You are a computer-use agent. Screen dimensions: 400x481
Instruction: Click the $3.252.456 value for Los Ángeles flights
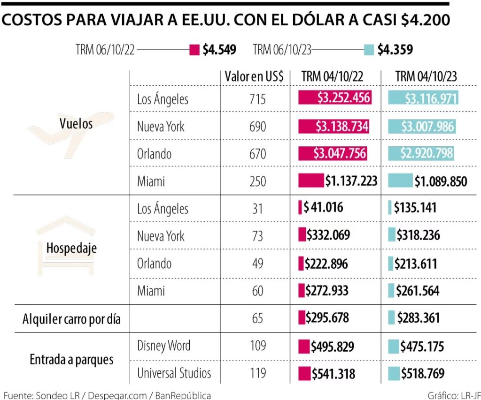(x=343, y=98)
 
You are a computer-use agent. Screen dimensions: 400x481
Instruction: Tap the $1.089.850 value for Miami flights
(x=441, y=181)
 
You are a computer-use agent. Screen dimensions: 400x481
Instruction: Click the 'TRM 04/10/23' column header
(x=426, y=76)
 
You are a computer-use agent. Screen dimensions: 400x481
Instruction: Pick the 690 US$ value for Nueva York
(x=257, y=127)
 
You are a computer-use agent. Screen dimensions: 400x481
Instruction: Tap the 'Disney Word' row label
(x=164, y=346)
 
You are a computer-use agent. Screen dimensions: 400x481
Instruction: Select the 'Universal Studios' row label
(x=174, y=373)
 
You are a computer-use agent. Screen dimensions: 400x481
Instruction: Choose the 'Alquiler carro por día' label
(x=72, y=319)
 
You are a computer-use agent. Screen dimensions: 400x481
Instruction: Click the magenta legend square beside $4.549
(x=194, y=50)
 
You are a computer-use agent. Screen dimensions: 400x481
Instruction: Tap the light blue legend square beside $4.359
(x=369, y=50)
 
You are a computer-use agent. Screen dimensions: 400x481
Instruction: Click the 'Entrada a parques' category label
(x=72, y=360)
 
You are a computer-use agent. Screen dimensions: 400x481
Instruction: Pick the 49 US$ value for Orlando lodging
(x=257, y=264)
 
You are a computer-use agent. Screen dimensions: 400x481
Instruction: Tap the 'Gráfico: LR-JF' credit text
(x=454, y=395)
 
